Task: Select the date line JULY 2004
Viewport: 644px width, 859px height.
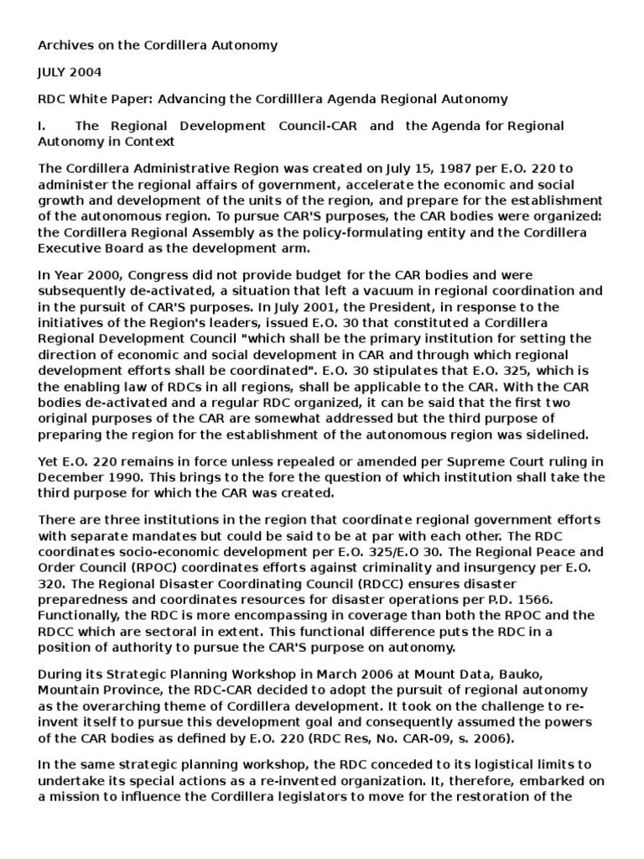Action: (70, 72)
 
